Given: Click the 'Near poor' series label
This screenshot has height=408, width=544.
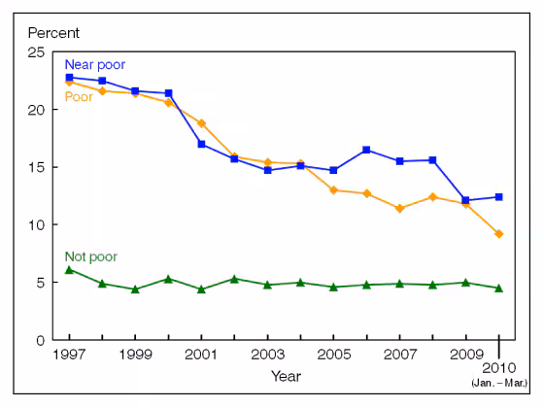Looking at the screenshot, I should tap(95, 64).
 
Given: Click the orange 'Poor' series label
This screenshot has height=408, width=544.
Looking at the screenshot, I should tap(79, 96).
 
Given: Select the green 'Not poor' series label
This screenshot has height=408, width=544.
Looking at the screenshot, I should tap(90, 256).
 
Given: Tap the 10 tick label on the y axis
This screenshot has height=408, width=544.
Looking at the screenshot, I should tap(36, 224).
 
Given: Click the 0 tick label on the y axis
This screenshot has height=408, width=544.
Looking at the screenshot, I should tap(40, 340).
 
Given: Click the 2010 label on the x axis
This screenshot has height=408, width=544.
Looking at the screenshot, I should tap(499, 368).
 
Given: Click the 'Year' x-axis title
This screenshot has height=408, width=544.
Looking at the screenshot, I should tap(285, 376).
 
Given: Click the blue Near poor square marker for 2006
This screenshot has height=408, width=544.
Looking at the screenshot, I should tap(366, 150).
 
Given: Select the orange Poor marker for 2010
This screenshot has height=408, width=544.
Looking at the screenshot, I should tap(498, 234).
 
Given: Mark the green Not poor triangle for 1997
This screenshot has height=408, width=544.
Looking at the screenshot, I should tap(69, 269).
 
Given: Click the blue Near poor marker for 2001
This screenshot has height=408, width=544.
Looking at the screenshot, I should tap(201, 144).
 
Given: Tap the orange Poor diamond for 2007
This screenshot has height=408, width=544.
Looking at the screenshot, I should tap(399, 209).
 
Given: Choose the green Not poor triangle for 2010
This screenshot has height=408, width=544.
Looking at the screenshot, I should tap(498, 288).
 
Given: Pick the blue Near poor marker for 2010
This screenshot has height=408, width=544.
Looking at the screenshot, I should tap(498, 197).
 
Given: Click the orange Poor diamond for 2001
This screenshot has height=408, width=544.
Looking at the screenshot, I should tap(201, 123).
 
